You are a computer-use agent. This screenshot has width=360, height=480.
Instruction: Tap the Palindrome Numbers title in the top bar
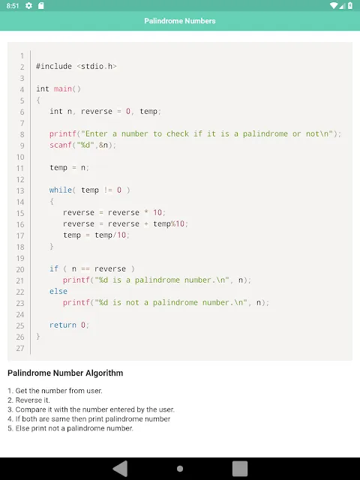coord(180,21)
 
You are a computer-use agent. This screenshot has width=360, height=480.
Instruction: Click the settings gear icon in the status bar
coord(28,5)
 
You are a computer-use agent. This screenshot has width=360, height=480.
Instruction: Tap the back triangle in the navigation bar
coord(120,468)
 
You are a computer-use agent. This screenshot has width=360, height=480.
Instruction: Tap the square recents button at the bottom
coord(240,468)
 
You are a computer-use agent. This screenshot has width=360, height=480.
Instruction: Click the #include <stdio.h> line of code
coord(76,67)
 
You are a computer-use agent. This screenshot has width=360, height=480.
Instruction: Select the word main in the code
coord(63,88)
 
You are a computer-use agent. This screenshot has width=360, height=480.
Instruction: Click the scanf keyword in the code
coord(61,145)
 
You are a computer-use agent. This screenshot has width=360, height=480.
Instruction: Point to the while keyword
coord(61,190)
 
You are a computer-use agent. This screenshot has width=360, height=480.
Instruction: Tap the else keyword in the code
coord(58,291)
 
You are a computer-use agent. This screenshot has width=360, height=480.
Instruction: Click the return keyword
coord(63,325)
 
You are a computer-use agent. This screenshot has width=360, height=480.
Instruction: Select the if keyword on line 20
coord(54,268)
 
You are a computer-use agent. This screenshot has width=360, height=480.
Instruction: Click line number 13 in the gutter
coord(20,190)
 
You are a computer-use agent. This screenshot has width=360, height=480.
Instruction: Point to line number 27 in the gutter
coord(20,348)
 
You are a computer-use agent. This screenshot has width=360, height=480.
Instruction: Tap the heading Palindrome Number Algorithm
coord(65,373)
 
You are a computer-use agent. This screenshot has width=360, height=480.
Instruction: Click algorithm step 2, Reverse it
coord(28,400)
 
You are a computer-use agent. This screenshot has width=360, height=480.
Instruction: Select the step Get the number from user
coord(55,391)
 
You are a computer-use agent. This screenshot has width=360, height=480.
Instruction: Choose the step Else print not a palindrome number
coord(70,428)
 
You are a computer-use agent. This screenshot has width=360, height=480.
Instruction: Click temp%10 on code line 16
coord(169,223)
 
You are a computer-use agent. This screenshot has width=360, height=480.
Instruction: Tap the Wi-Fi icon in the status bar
coord(334,5)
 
